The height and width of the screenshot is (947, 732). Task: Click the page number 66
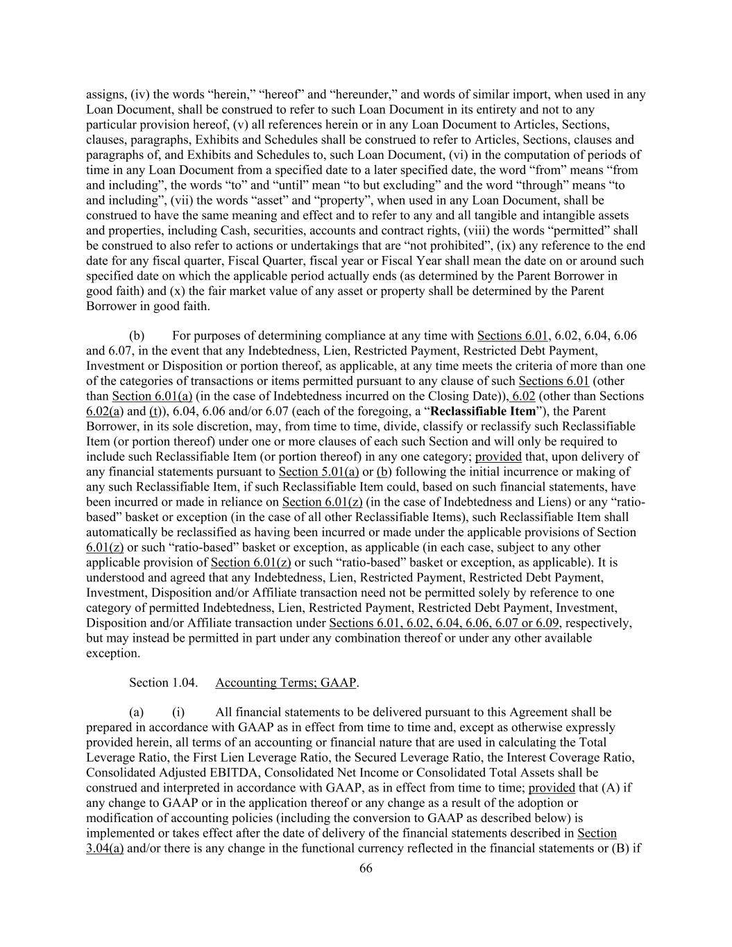pos(366,869)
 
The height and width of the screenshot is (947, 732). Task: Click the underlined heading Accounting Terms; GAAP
pos(286,683)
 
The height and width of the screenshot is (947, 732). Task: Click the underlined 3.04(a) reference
pos(105,848)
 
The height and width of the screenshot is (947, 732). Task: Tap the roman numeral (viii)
pos(481,230)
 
